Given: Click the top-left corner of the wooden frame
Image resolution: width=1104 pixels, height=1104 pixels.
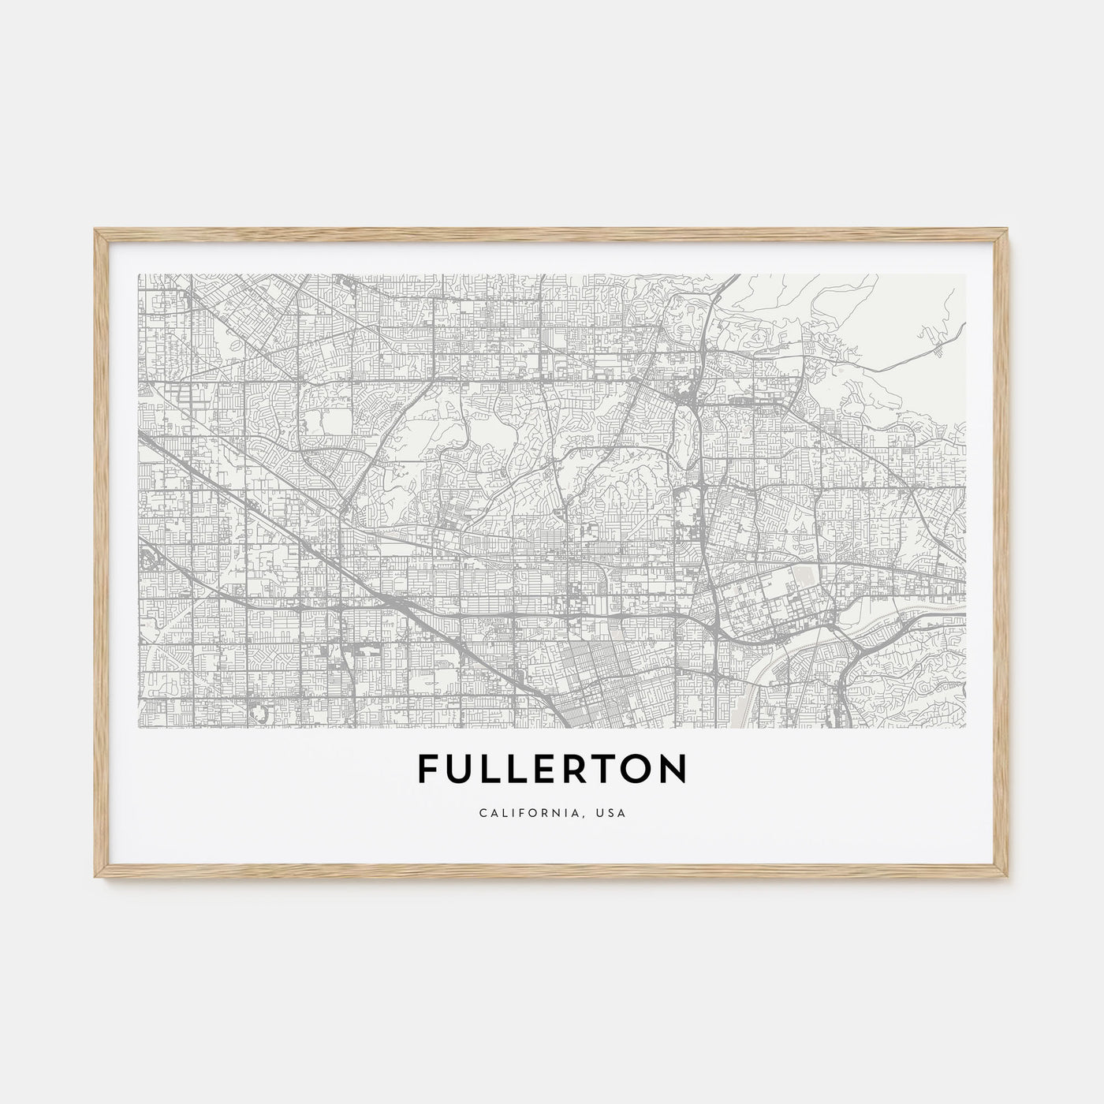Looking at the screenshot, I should pyautogui.click(x=96, y=230).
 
